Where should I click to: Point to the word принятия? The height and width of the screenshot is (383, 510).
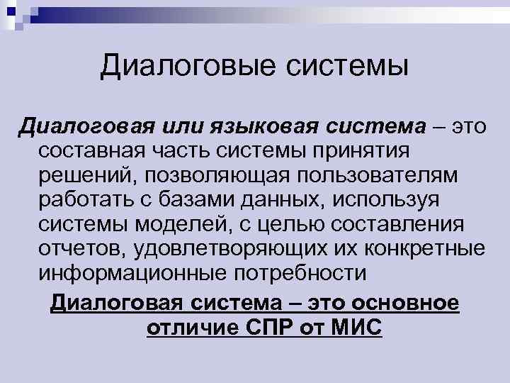370,150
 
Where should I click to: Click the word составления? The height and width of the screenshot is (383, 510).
397,225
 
